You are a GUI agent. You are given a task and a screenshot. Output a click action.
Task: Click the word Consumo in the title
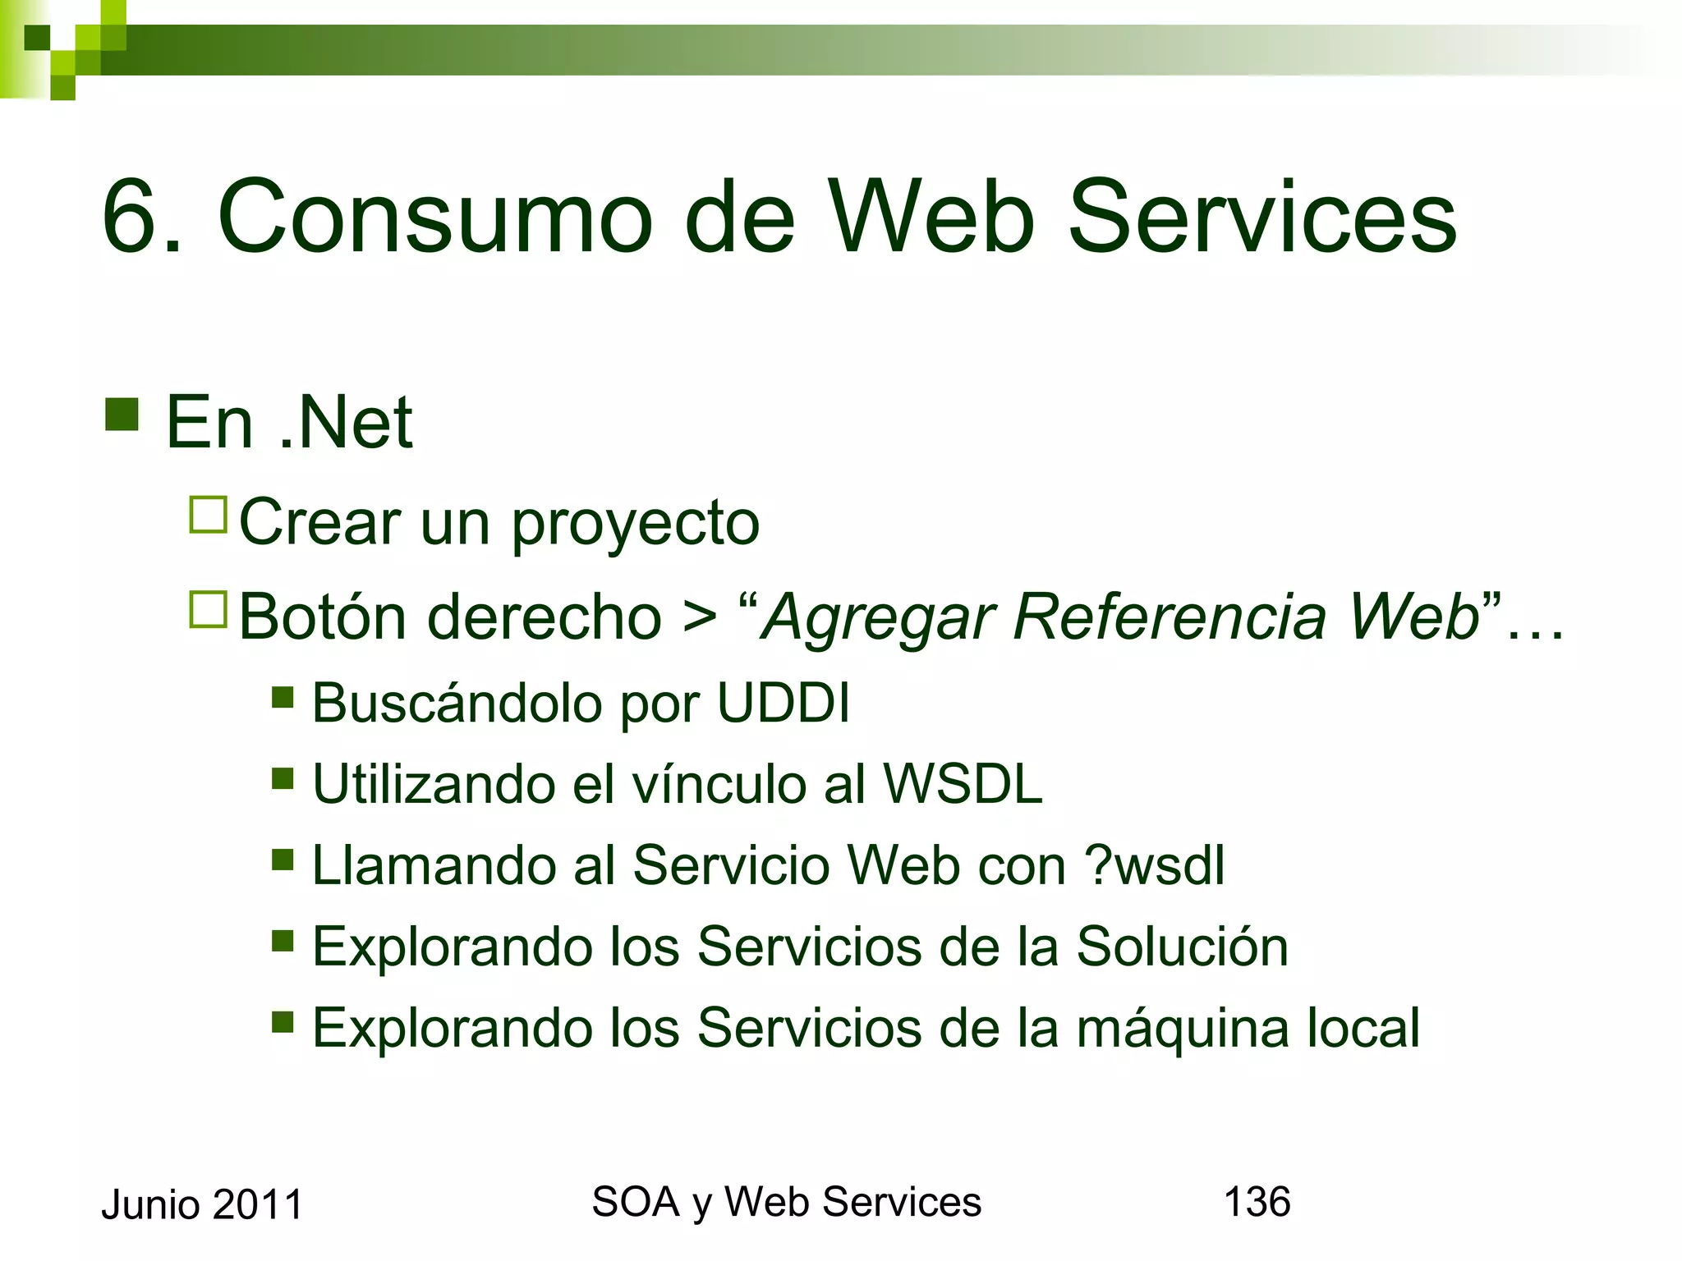coord(435,218)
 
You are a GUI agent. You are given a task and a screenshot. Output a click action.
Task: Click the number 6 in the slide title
coord(131,218)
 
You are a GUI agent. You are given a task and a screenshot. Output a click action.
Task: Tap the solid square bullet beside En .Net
coord(122,415)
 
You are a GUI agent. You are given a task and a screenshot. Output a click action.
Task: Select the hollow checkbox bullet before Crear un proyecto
coord(208,515)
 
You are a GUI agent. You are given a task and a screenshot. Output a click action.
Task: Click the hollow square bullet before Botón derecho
coord(208,610)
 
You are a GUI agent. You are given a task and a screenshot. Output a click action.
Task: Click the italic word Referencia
coord(1170,617)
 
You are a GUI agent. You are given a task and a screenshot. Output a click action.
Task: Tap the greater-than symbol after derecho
coord(700,618)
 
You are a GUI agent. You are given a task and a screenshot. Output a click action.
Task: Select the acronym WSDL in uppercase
coord(963,784)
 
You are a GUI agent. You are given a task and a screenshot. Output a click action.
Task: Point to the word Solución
coord(1182,947)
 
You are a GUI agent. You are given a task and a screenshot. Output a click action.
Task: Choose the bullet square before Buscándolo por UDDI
coord(283,698)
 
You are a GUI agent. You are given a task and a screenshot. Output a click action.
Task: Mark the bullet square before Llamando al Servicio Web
coord(283,860)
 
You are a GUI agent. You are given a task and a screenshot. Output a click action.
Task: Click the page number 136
coord(1257,1202)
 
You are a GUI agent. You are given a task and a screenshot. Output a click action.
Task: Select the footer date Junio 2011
coord(202,1205)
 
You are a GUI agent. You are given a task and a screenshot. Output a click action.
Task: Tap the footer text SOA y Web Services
coord(786,1203)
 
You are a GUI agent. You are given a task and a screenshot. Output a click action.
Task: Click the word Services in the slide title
coord(1261,218)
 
